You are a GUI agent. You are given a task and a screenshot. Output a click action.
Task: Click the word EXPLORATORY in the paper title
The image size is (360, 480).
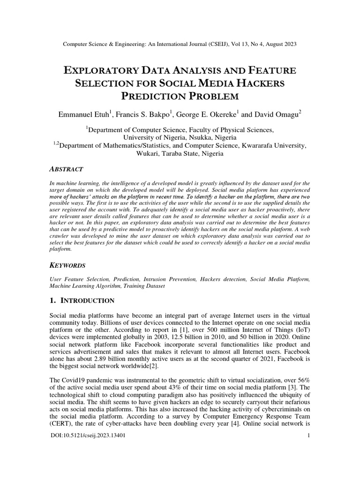[100, 71]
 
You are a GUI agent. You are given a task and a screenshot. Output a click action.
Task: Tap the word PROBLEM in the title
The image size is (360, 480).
[207, 97]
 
